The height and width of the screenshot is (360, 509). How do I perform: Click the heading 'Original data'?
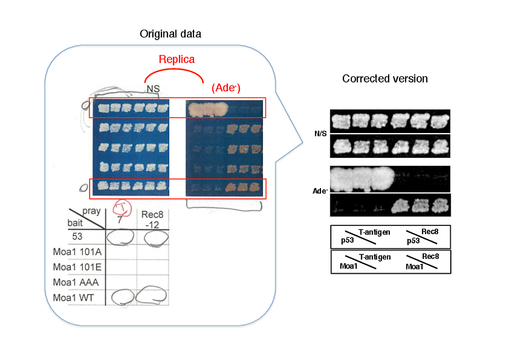point(170,34)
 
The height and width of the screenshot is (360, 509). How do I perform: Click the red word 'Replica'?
point(176,59)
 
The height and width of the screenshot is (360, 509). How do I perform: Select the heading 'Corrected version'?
point(385,79)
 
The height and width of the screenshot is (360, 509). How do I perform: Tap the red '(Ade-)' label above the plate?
point(226,88)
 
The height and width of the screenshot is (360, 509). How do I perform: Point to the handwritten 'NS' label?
point(153,88)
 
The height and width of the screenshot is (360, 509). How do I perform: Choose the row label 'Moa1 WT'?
point(74,297)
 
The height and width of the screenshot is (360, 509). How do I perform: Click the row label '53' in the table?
point(78,236)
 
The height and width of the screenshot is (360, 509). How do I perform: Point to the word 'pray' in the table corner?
point(92,211)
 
